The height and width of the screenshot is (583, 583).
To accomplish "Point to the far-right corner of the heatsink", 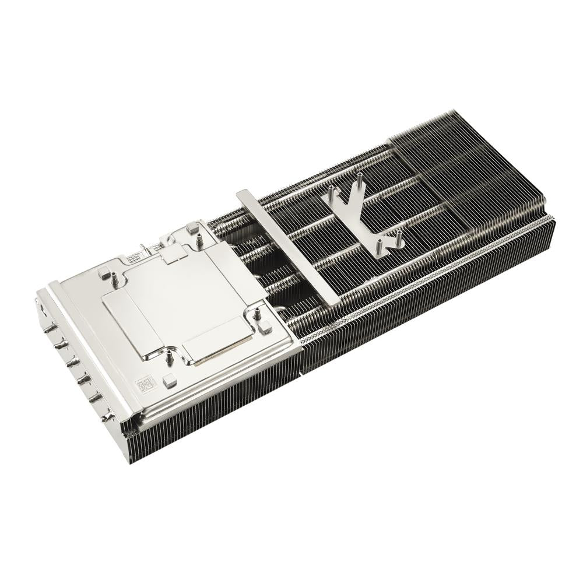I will tap(552, 219).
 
